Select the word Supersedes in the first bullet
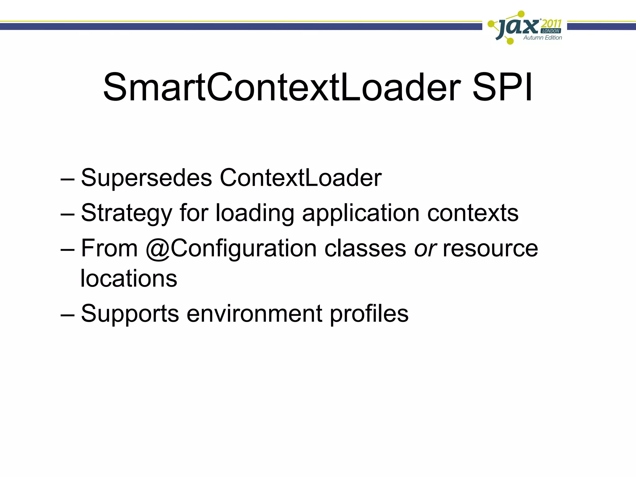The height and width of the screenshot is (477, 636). coord(146,178)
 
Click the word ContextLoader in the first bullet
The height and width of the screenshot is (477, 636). coord(301,178)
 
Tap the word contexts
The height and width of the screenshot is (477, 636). coord(473,213)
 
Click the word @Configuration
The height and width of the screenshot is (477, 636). coord(231,249)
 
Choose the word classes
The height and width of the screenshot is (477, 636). coord(365,248)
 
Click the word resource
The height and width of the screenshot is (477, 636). coord(490,249)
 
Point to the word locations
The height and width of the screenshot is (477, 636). coord(129,278)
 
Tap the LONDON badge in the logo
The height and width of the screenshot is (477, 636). coord(551,31)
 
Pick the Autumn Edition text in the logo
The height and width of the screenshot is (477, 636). coord(543,38)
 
